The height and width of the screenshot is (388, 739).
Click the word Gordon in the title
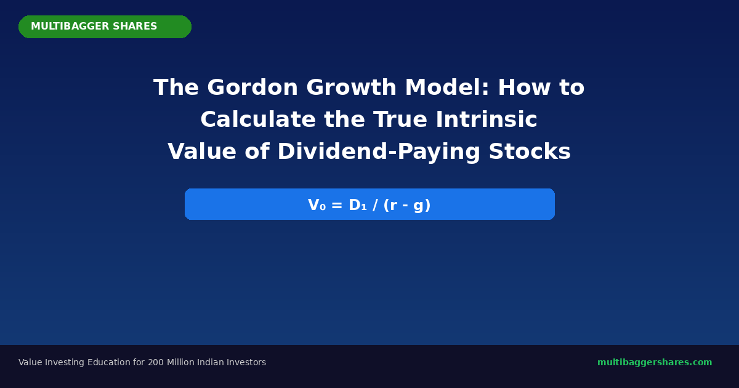tap(252, 87)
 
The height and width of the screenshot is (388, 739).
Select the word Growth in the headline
tap(352, 87)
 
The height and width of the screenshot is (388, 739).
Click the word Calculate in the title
tap(258, 119)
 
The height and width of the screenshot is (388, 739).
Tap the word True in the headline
tap(400, 119)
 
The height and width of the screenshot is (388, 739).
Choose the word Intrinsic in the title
tap(487, 119)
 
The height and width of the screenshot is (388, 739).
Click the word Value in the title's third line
tap(202, 152)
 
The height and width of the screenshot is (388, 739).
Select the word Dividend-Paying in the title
tap(379, 152)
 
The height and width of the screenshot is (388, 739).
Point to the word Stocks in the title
tap(530, 152)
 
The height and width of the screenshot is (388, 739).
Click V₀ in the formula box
tap(317, 205)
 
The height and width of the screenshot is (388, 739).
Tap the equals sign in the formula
tap(337, 205)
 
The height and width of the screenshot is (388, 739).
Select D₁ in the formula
tap(358, 205)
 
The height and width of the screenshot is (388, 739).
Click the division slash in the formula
tap(375, 205)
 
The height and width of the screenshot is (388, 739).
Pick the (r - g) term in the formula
tap(407, 205)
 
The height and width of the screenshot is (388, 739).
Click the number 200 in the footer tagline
tap(156, 362)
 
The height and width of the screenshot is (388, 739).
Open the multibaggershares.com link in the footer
tap(655, 362)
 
